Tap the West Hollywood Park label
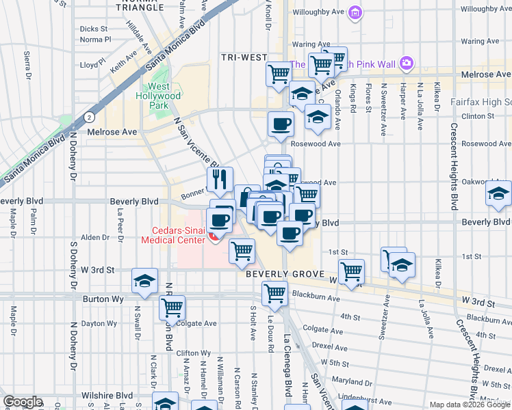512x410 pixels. [159, 96]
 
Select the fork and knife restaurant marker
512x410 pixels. [220, 180]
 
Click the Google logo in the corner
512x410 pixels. [23, 402]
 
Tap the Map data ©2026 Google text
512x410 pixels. [468, 405]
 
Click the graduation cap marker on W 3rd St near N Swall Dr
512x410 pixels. [144, 281]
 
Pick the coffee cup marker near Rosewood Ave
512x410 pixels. [281, 125]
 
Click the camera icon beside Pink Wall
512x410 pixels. [407, 64]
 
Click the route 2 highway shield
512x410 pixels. [89, 117]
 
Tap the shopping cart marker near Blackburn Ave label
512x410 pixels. [274, 293]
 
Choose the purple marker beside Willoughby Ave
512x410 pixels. [355, 12]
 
